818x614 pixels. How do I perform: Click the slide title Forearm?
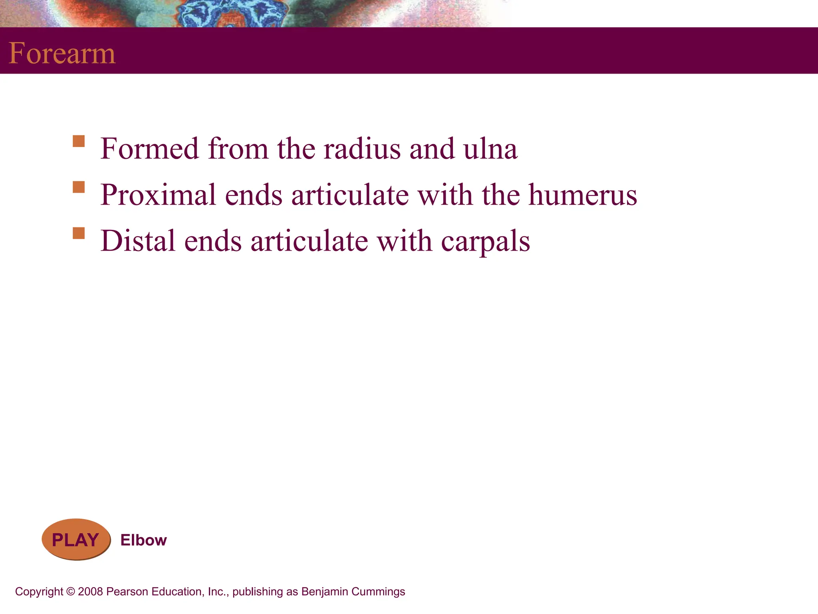tap(62, 53)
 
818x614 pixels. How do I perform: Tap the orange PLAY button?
tap(75, 540)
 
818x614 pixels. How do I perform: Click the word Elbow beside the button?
tap(143, 540)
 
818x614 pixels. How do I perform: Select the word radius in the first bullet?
tap(362, 149)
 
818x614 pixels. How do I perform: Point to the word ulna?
tap(490, 149)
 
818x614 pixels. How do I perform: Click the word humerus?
tap(583, 195)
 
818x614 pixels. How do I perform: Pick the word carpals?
tap(485, 241)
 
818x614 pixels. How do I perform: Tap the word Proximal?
tap(158, 195)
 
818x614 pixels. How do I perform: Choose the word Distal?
tap(138, 241)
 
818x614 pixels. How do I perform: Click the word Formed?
tap(149, 149)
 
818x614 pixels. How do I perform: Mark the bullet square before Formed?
tap(79, 142)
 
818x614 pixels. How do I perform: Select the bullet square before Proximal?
tap(79, 187)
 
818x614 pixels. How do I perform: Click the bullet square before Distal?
tap(79, 233)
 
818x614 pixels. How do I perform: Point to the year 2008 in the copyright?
tap(90, 592)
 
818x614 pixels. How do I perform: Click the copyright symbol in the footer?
tap(71, 592)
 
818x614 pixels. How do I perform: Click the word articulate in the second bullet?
tap(350, 195)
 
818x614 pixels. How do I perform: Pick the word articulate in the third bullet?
tap(309, 241)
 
